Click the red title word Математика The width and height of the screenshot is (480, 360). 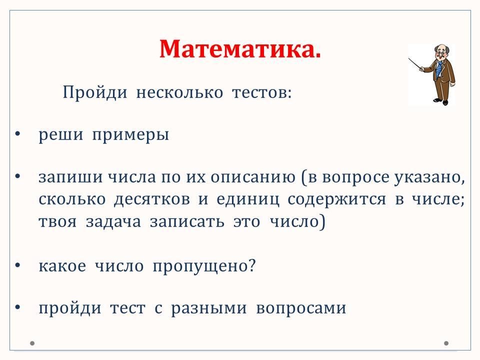pyautogui.click(x=240, y=49)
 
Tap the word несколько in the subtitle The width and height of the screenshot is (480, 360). pyautogui.click(x=179, y=92)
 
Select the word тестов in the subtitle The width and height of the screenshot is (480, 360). pyautogui.click(x=261, y=92)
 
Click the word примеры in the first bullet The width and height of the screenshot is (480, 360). pyautogui.click(x=130, y=135)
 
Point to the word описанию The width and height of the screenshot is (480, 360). pyautogui.click(x=253, y=177)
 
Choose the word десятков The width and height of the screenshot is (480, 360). pyautogui.click(x=152, y=200)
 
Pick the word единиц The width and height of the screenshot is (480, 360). pyautogui.click(x=248, y=200)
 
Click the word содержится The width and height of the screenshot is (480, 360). pyautogui.click(x=336, y=200)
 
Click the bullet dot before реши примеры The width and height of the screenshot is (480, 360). pyautogui.click(x=17, y=134)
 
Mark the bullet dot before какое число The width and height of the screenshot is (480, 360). pyautogui.click(x=17, y=265)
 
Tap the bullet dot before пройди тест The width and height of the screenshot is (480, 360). pyautogui.click(x=17, y=307)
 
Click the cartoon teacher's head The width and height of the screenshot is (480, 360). pyautogui.click(x=441, y=52)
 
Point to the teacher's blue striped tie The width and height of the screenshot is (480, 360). pyautogui.click(x=439, y=68)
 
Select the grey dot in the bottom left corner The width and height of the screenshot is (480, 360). pyautogui.click(x=32, y=343)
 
